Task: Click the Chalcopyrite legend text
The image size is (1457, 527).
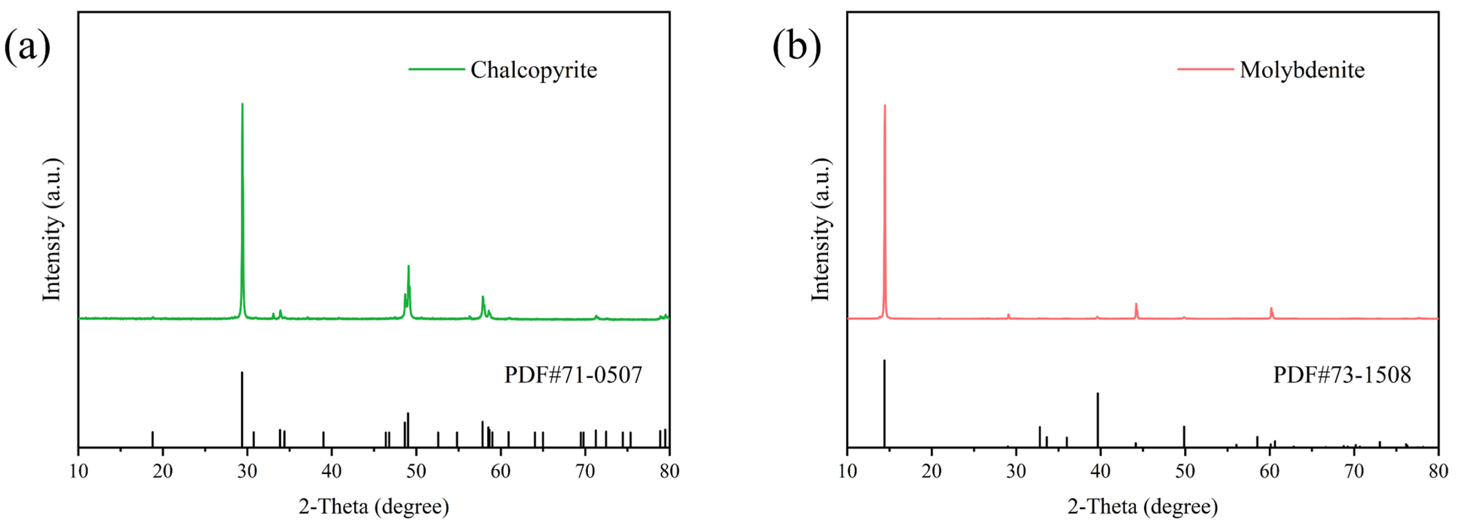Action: [533, 70]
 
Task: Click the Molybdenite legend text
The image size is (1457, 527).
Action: [1302, 70]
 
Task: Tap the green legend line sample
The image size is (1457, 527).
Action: [437, 70]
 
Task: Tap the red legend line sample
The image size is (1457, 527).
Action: [1205, 70]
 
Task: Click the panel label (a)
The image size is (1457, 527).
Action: [27, 46]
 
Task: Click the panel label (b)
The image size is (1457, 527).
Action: [797, 46]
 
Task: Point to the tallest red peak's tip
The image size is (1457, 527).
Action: [884, 106]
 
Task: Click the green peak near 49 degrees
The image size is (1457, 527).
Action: [408, 267]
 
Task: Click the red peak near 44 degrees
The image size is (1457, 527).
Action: [1136, 305]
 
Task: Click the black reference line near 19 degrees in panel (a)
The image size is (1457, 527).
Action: [152, 439]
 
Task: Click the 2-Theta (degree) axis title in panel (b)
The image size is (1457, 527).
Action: [1142, 506]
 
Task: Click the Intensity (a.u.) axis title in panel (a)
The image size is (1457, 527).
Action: [52, 229]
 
